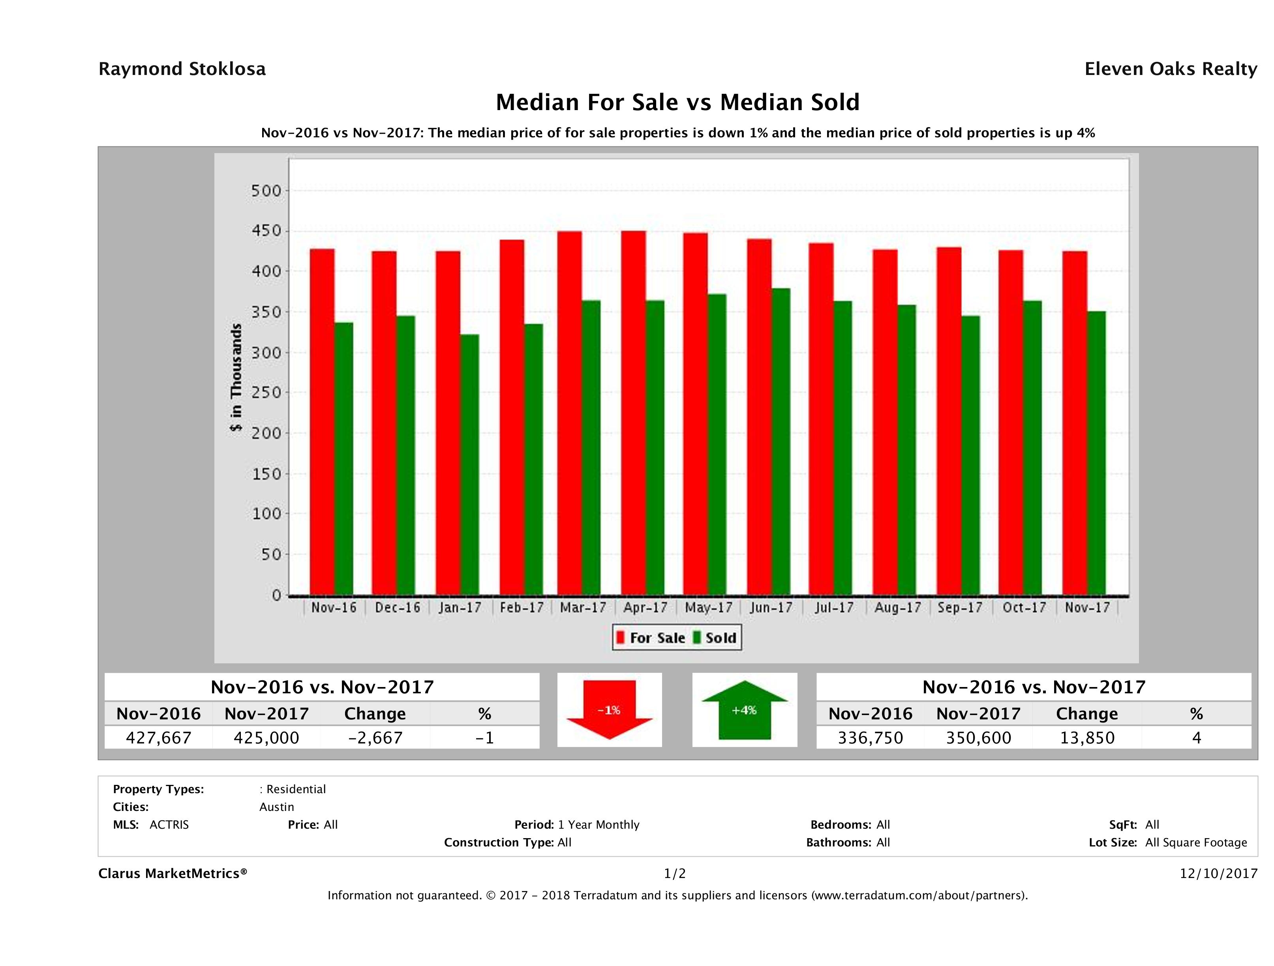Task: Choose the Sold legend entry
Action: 715,638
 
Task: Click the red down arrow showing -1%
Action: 609,710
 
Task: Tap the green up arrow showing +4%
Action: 744,710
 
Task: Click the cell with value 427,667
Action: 158,738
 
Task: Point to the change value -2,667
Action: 375,738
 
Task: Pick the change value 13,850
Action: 1087,738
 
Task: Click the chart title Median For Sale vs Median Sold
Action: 677,103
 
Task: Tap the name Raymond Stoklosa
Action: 182,69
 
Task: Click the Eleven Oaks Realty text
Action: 1170,69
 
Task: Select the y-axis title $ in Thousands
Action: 236,377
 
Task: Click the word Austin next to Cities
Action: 276,807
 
